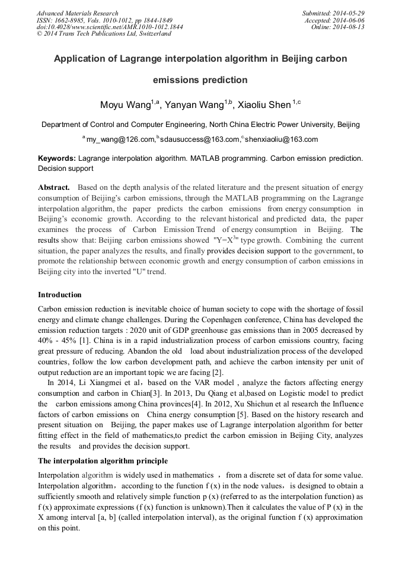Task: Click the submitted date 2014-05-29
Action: coord(349,13)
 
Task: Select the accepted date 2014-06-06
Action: coord(349,20)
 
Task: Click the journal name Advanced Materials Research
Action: coord(77,13)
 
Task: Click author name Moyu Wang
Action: coord(125,105)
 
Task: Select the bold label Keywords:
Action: coord(57,159)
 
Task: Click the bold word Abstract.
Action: coord(54,187)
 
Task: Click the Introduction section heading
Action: coord(60,294)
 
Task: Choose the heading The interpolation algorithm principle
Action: coord(103,460)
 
